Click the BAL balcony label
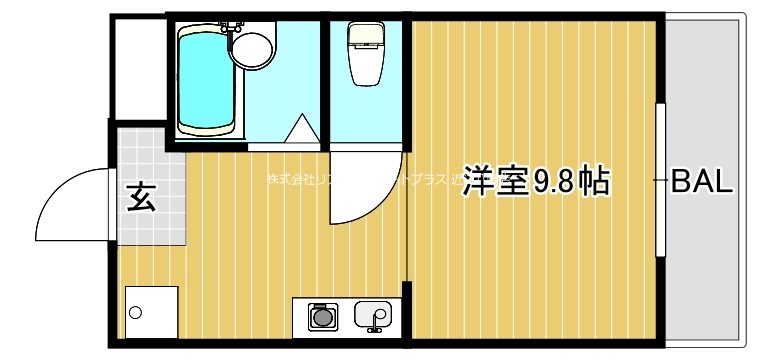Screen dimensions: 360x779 click(x=702, y=182)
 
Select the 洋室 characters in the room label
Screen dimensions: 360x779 click(x=496, y=182)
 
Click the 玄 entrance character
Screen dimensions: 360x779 click(x=140, y=197)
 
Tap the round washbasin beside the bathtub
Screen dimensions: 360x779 click(x=256, y=48)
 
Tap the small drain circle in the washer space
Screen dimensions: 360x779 click(x=136, y=312)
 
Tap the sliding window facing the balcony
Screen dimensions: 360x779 click(x=661, y=180)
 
